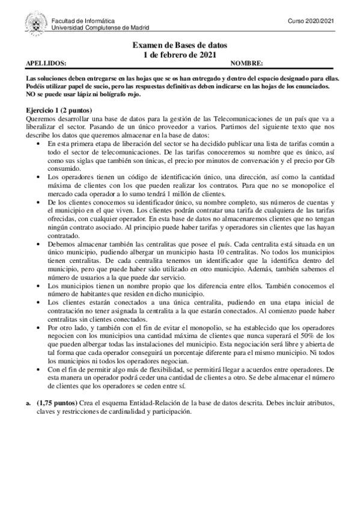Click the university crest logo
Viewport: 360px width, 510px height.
pyautogui.click(x=37, y=23)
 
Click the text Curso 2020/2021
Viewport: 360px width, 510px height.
pyautogui.click(x=311, y=21)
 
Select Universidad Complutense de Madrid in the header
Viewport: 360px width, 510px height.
pyautogui.click(x=100, y=28)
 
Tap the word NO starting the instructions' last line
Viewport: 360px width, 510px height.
pyautogui.click(x=31, y=94)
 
